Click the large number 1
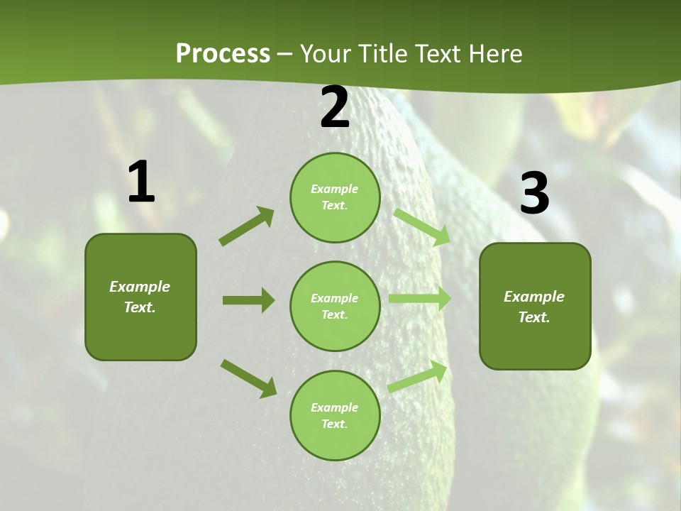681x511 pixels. [x=141, y=182]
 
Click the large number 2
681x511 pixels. [x=335, y=108]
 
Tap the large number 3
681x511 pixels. [x=535, y=194]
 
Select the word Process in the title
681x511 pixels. [x=223, y=53]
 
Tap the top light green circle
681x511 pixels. [x=335, y=197]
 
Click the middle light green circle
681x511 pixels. [x=335, y=306]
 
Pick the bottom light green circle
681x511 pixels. [x=335, y=415]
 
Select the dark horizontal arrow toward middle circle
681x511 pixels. [x=248, y=300]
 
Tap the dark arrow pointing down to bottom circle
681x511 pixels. [x=248, y=378]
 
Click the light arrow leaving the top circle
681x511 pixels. [x=422, y=226]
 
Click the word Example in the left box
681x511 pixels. [x=140, y=287]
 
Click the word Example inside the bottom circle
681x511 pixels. [x=335, y=407]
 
